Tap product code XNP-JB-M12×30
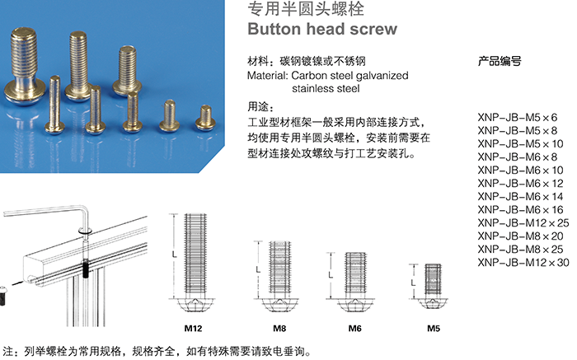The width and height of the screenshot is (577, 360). click(523, 263)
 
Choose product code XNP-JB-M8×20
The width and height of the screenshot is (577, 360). click(520, 236)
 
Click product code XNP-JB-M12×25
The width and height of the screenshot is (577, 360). click(523, 223)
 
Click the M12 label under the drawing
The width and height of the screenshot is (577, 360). click(194, 328)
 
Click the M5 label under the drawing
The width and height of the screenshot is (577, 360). click(433, 328)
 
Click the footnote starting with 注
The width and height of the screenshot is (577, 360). click(157, 350)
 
